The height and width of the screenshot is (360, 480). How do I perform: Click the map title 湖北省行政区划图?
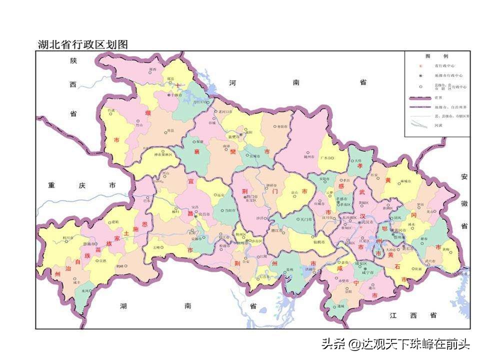[x=83, y=44]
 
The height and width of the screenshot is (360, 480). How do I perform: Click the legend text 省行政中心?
[x=444, y=65]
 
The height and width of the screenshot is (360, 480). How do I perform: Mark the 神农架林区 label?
[x=162, y=154]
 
